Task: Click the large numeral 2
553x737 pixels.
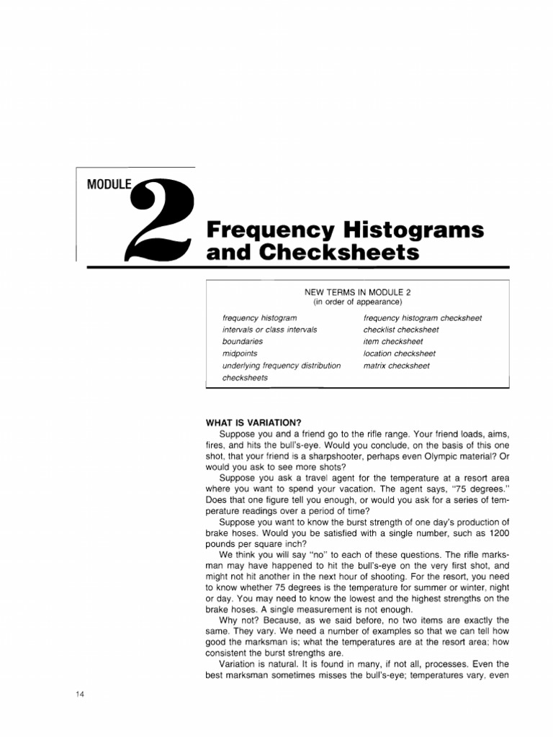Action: coord(161,220)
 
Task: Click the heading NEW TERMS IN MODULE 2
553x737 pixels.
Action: coord(358,292)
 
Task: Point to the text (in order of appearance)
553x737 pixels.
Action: coord(357,302)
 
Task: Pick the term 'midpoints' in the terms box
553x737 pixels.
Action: coord(240,354)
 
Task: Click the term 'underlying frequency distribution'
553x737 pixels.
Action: coord(282,366)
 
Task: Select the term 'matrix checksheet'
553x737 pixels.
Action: coord(397,366)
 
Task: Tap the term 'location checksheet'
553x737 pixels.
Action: coord(400,354)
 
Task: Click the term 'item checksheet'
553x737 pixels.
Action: coord(393,342)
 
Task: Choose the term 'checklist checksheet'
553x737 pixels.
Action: coord(401,330)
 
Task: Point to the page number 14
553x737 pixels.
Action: coord(80,693)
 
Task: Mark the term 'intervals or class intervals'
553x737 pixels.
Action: coord(270,330)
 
